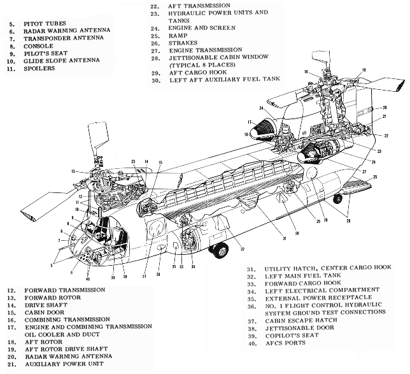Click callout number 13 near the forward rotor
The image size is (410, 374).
(74, 172)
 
